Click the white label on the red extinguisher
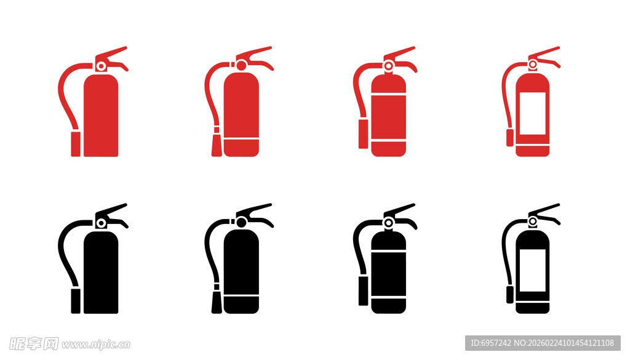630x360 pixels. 532,113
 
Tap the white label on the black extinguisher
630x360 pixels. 532,270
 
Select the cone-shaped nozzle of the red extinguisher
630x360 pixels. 217,145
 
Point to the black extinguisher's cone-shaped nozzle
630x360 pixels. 217,302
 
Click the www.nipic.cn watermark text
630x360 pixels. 96,345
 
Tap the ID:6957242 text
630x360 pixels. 490,343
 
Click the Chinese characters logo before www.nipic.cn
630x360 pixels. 34,344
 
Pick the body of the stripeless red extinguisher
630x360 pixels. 101,115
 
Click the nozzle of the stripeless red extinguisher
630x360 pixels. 76,144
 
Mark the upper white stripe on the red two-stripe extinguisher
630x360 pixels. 389,95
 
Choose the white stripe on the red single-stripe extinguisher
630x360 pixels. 241,138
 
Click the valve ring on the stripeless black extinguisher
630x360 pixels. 102,223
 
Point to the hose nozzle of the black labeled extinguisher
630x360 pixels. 510,295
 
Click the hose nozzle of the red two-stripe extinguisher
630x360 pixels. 363,134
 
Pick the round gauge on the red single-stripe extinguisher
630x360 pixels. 241,65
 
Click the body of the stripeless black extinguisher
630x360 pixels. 101,273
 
